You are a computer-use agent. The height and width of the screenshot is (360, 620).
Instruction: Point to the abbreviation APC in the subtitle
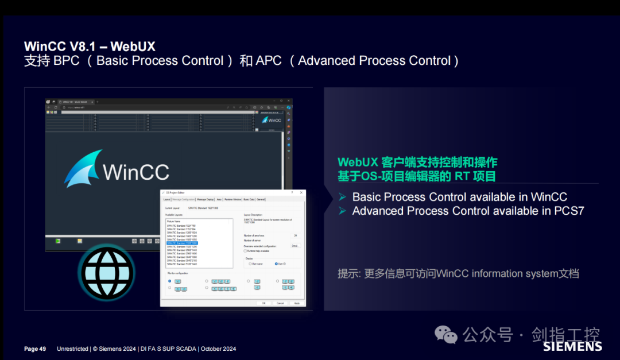[269, 61]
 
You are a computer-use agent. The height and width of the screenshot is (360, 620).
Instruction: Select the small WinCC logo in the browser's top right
[272, 120]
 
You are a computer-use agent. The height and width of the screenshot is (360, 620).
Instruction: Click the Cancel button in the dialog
[280, 303]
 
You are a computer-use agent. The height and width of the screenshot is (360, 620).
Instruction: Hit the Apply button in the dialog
[297, 303]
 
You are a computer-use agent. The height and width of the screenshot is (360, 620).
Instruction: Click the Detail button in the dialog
[294, 245]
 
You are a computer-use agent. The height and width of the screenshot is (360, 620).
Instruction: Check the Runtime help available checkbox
[246, 251]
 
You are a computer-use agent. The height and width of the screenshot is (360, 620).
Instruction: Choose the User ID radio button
[276, 264]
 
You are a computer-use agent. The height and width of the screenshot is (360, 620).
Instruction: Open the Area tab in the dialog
[219, 199]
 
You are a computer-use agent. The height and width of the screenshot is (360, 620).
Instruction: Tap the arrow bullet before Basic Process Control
[342, 197]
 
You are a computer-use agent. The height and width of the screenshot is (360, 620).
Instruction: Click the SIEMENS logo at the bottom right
[572, 346]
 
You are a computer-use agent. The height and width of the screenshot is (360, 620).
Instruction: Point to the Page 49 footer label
[35, 349]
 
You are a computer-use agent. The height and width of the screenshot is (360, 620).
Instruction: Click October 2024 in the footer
[219, 349]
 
